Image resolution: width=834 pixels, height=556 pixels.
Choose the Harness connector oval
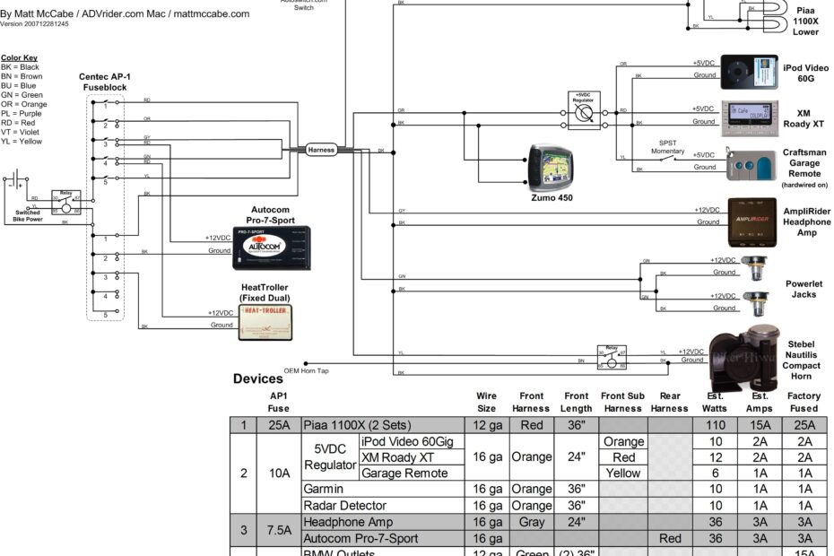321,150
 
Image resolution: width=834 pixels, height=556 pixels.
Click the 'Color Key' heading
18,57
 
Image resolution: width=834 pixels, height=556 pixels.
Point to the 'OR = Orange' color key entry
24,104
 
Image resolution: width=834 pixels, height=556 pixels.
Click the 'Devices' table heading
258,379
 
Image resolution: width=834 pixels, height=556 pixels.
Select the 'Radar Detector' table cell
346,506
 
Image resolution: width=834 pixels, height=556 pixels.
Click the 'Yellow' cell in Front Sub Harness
623,473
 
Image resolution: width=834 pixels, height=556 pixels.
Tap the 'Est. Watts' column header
714,402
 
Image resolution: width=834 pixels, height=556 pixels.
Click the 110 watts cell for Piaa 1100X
714,425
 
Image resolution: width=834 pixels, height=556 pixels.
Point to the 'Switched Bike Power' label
28,216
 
